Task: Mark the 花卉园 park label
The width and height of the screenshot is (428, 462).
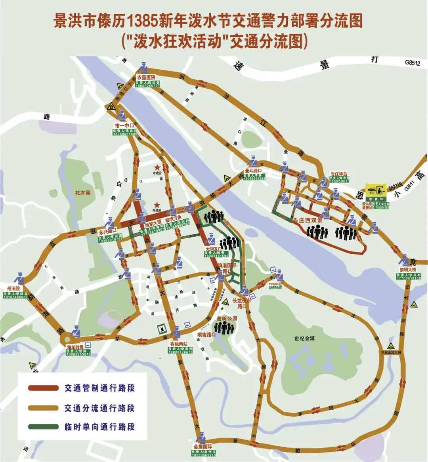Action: (x=83, y=193)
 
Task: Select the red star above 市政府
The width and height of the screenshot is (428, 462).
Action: (x=158, y=167)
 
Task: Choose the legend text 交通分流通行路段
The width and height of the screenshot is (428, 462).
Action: (x=99, y=408)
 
